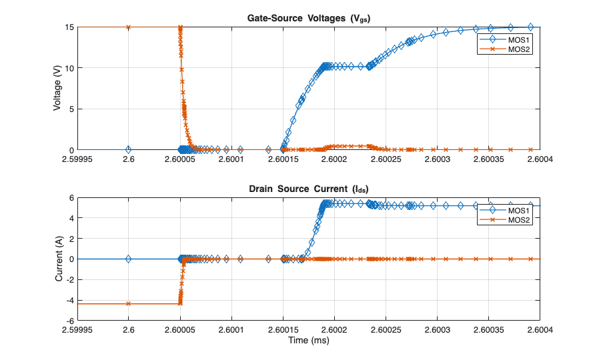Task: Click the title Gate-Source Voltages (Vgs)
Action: [x=309, y=19]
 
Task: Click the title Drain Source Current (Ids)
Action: [x=309, y=189]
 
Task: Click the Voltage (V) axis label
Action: [x=59, y=89]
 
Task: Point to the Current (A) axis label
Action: [x=59, y=259]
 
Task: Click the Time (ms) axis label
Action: [x=309, y=340]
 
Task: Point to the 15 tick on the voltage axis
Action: [x=69, y=27]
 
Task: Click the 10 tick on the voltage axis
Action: [x=69, y=68]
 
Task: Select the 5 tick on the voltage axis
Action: [x=71, y=109]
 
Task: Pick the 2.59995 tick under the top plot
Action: [x=78, y=159]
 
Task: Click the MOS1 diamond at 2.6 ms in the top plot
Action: [x=129, y=149]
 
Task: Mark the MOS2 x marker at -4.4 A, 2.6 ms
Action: [x=129, y=304]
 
